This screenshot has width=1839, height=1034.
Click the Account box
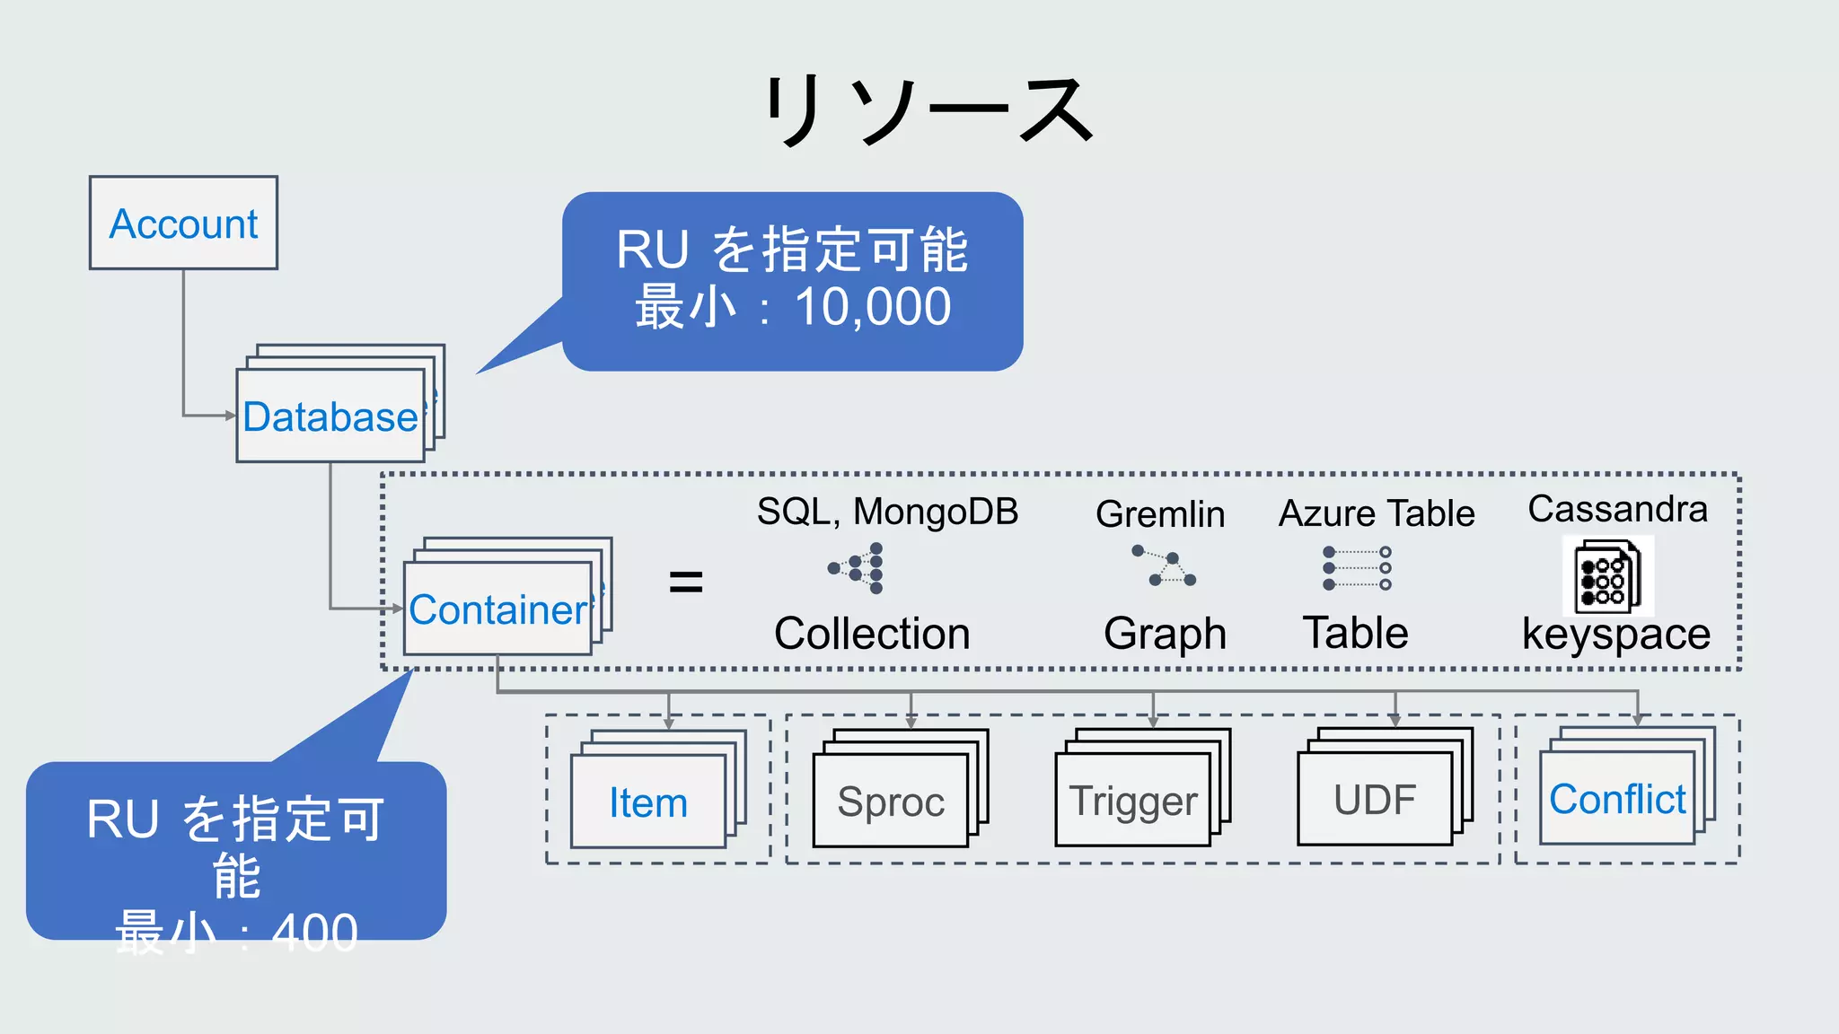point(183,223)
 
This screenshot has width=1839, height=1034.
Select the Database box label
point(330,416)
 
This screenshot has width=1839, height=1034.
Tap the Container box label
point(497,609)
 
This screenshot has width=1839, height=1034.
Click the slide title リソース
point(928,110)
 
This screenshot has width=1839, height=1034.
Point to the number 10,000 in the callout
point(873,307)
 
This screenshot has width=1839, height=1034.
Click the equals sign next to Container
point(686,583)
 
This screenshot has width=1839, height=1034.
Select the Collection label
point(872,634)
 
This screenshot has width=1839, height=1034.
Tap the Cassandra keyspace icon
point(1607,576)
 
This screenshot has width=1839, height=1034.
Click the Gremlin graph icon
point(1165,566)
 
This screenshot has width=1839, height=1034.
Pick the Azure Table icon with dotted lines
point(1357,568)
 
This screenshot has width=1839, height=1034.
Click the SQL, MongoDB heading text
point(887,512)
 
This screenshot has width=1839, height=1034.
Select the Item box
point(648,802)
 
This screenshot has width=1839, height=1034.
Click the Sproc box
point(891,802)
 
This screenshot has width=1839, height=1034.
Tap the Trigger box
point(1133,801)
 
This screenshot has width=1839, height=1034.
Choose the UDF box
point(1375,800)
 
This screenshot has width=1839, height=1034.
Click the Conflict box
point(1617,799)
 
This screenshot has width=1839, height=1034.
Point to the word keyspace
point(1616,635)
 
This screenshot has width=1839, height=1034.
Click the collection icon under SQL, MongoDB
point(857,568)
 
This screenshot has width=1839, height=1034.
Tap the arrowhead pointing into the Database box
point(231,416)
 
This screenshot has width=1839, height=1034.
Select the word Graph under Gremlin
point(1165,634)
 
